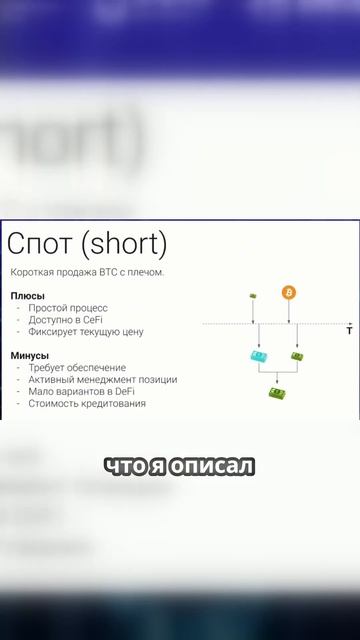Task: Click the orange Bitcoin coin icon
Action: click(289, 293)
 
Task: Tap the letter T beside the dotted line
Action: click(349, 329)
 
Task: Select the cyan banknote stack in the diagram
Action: click(258, 356)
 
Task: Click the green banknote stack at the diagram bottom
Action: click(277, 393)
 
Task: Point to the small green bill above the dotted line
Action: click(253, 295)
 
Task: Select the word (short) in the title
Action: click(124, 243)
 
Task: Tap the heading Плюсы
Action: click(28, 295)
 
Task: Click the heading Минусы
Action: click(31, 355)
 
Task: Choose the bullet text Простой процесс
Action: click(68, 308)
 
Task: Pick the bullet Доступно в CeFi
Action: click(66, 320)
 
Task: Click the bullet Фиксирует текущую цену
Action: click(86, 332)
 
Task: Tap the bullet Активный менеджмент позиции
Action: click(103, 380)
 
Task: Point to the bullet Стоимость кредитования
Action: click(87, 404)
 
